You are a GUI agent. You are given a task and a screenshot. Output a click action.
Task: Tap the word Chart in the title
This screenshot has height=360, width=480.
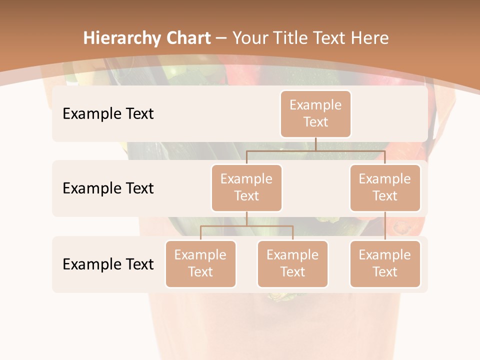pyautogui.click(x=189, y=38)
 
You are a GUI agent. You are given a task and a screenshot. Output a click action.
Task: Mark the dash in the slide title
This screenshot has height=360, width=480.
pyautogui.click(x=222, y=38)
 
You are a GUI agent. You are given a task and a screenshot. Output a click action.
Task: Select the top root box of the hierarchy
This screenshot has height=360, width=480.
pyautogui.click(x=315, y=113)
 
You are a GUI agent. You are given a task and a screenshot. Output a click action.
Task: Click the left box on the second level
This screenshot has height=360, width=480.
pyautogui.click(x=246, y=187)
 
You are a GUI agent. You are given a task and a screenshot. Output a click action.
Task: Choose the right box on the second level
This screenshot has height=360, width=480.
pyautogui.click(x=385, y=187)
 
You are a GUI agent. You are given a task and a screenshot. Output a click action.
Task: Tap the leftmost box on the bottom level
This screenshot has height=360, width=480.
pyautogui.click(x=200, y=263)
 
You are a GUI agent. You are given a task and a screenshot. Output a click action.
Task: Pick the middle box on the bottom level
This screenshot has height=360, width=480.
pyautogui.click(x=292, y=263)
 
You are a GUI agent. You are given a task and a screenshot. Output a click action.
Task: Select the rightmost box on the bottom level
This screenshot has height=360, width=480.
pyautogui.click(x=385, y=263)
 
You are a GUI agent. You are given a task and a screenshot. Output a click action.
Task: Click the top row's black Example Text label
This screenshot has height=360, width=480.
pyautogui.click(x=108, y=113)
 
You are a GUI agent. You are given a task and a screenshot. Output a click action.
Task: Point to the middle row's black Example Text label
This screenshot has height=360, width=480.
pyautogui.click(x=108, y=188)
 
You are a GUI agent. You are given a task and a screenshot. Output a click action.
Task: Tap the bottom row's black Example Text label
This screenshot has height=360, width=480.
pyautogui.click(x=108, y=264)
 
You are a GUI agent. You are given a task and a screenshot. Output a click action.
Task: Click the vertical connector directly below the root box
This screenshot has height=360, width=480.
pyautogui.click(x=315, y=144)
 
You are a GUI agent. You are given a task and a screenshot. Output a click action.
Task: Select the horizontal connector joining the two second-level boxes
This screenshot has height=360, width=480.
pyautogui.click(x=315, y=150)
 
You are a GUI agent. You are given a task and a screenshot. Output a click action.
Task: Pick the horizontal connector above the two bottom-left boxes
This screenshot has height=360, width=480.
pyautogui.click(x=246, y=226)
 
